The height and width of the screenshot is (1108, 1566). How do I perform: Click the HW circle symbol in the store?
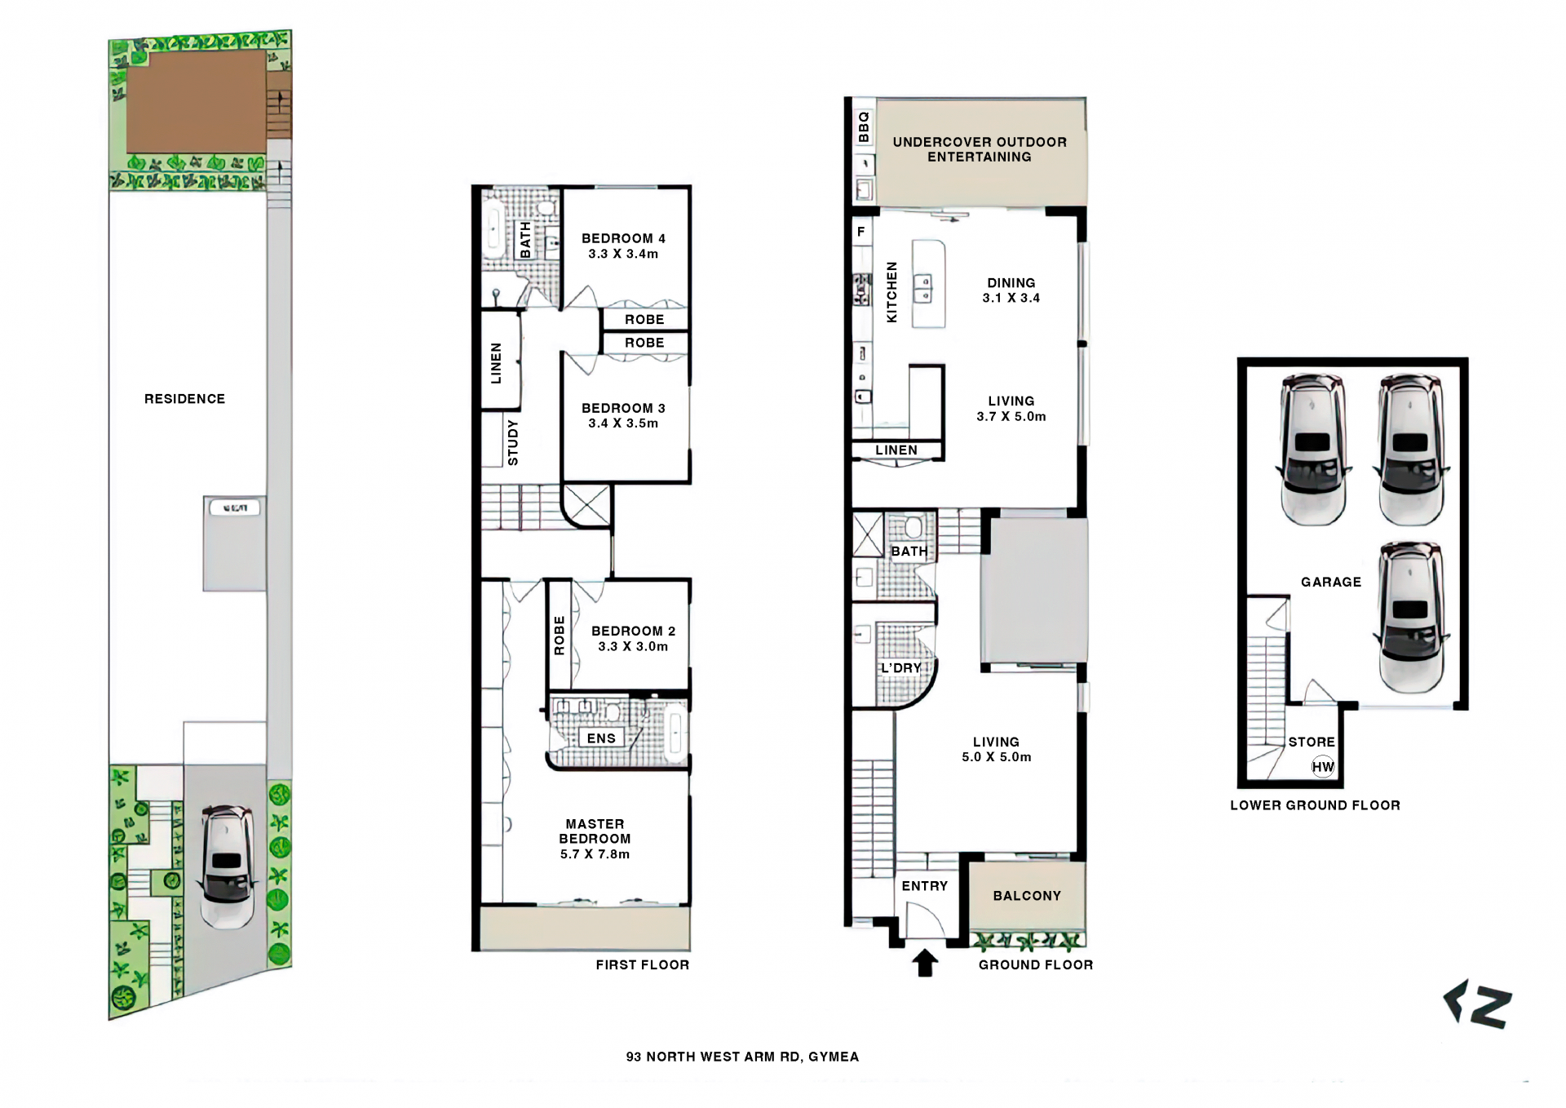coord(1323,767)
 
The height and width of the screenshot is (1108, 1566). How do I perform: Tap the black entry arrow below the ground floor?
coord(924,963)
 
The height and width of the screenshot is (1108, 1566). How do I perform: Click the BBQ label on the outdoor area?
coord(864,127)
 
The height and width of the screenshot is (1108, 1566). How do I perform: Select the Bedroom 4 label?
coord(623,238)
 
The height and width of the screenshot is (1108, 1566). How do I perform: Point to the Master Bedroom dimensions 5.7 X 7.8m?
coord(595,854)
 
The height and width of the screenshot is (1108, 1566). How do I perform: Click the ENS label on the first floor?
coord(601,738)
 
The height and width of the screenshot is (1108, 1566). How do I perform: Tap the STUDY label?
coord(512,443)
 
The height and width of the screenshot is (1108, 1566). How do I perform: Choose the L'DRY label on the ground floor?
coord(900,668)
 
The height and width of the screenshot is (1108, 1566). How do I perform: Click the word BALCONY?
coord(1027,896)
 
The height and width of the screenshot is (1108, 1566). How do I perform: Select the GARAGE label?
coord(1331,582)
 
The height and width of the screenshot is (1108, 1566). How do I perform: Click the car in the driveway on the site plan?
coord(227,867)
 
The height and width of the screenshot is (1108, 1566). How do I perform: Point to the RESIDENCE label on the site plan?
coord(184,399)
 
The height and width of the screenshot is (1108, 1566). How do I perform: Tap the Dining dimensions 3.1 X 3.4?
coord(1011,298)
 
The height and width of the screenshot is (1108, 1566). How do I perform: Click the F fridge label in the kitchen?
coord(860,232)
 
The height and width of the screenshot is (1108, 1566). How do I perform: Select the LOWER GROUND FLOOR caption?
coord(1315,805)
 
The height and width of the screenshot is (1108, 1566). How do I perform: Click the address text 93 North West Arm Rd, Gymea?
coord(742,1057)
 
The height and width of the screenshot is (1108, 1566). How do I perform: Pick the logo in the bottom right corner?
coord(1477,1004)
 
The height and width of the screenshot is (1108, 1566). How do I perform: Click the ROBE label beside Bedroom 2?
coord(559,636)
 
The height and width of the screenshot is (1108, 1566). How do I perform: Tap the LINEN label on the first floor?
coord(496,363)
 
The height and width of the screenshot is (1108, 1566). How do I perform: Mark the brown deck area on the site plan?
coord(196,102)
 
